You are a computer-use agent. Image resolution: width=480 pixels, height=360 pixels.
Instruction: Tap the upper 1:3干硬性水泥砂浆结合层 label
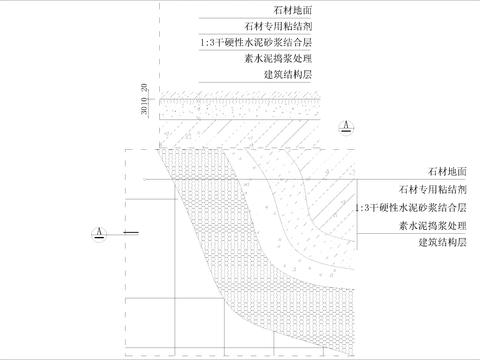263,43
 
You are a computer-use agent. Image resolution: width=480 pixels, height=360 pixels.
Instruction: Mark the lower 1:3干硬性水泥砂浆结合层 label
411,207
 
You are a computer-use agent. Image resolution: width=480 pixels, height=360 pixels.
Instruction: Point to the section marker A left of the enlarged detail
98,232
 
